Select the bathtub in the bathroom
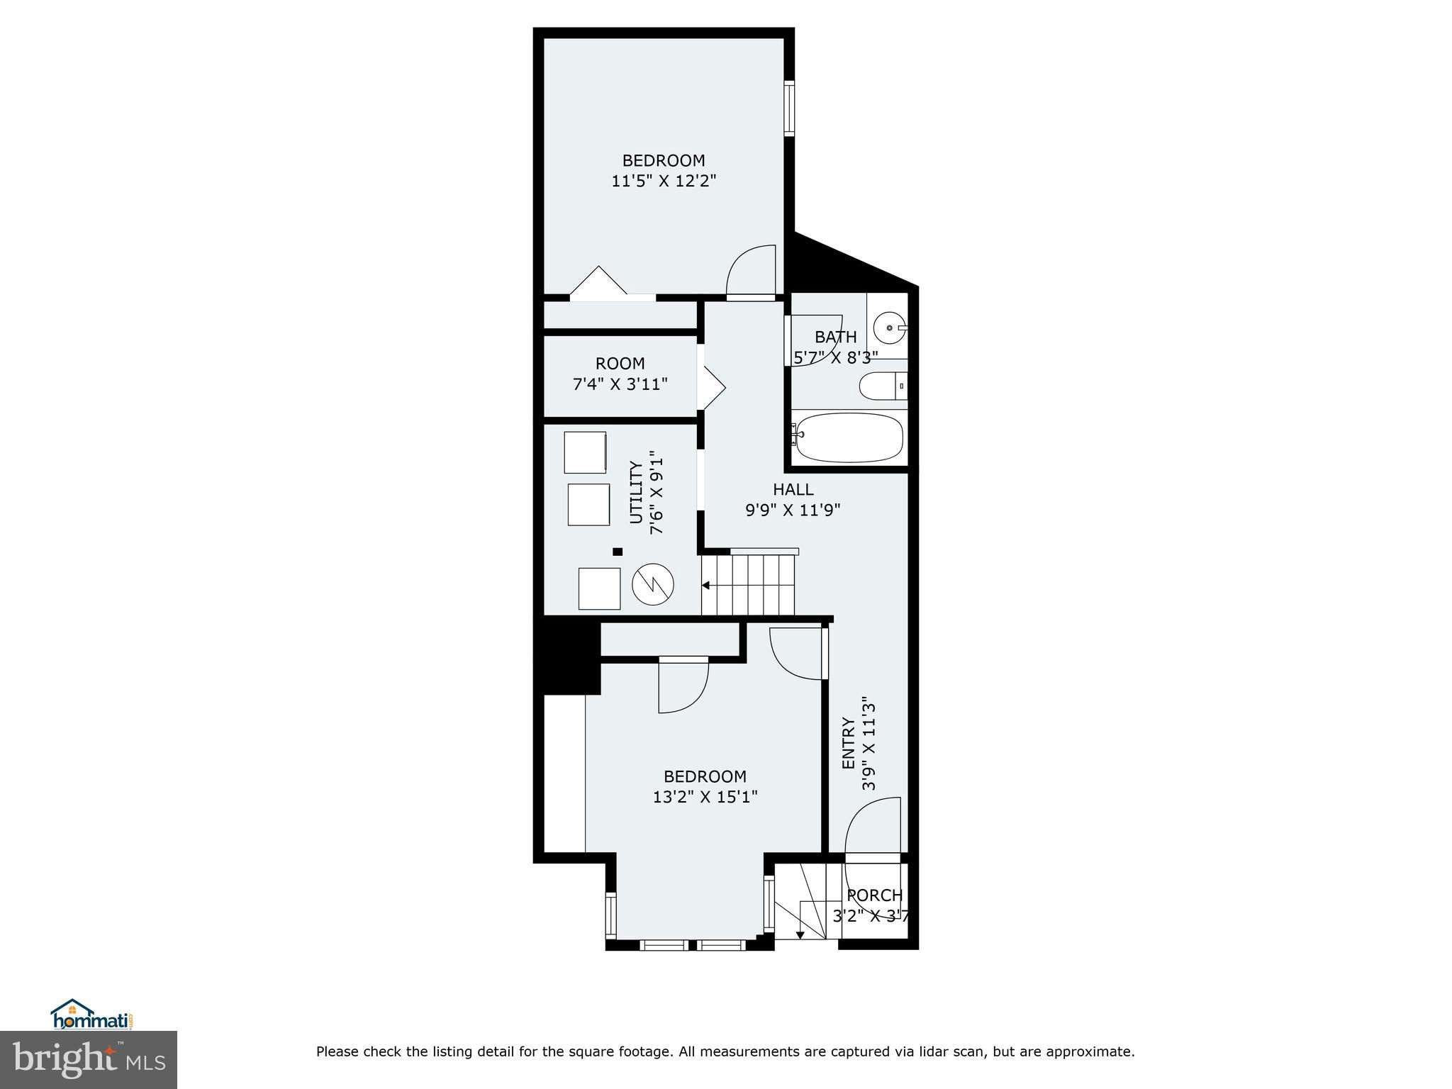pos(848,437)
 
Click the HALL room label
pos(793,489)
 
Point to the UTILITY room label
pos(636,493)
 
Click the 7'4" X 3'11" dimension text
pos(620,384)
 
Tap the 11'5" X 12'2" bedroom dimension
pos(664,181)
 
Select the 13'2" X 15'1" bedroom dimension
pos(705,797)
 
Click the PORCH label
pos(875,895)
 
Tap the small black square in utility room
pos(618,552)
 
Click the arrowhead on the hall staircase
pos(706,586)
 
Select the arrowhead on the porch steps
pos(800,935)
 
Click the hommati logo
pos(92,1015)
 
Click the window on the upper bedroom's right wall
pos(789,108)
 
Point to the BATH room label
pos(836,337)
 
